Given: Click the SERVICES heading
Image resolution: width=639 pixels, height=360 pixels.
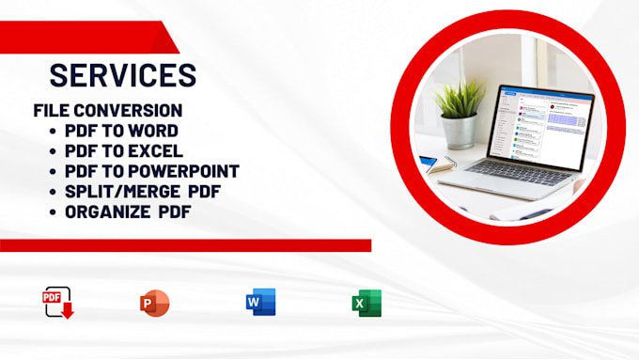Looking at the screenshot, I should pyautogui.click(x=122, y=74).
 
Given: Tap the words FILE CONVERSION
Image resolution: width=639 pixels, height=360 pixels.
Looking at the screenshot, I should pyautogui.click(x=107, y=110).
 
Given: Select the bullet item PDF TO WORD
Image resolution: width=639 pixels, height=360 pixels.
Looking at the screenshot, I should pyautogui.click(x=121, y=131).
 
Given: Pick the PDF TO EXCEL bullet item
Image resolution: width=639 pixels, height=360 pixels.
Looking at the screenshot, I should pyautogui.click(x=124, y=150).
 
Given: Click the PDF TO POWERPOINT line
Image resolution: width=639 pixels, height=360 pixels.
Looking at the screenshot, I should pyautogui.click(x=151, y=171).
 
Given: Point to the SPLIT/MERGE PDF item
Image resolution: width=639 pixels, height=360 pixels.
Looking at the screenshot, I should pyautogui.click(x=135, y=191).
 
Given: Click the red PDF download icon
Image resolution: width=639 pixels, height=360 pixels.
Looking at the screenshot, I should pyautogui.click(x=58, y=303).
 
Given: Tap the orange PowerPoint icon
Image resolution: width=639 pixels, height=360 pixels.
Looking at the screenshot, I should pyautogui.click(x=154, y=303).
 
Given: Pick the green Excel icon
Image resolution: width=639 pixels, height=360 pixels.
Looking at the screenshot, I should pyautogui.click(x=366, y=303).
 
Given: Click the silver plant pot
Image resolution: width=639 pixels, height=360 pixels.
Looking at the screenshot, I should pyautogui.click(x=460, y=131).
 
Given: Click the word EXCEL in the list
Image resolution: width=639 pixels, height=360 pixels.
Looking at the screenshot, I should pyautogui.click(x=157, y=150).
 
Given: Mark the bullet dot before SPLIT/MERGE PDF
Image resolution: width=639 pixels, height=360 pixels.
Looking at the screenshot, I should pyautogui.click(x=53, y=191).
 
